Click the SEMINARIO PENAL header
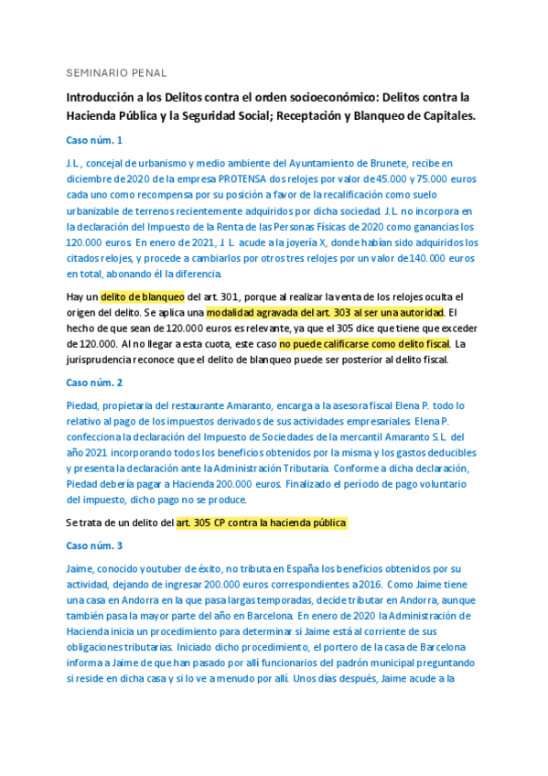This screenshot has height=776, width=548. pyautogui.click(x=115, y=71)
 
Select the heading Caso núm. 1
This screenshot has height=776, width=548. pyautogui.click(x=94, y=140)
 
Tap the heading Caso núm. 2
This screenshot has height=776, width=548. pyautogui.click(x=94, y=382)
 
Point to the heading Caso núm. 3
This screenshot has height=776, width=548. pyautogui.click(x=94, y=545)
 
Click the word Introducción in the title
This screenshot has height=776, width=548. pyautogui.click(x=102, y=96)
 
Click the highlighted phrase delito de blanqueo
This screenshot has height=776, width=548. pyautogui.click(x=143, y=296)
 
